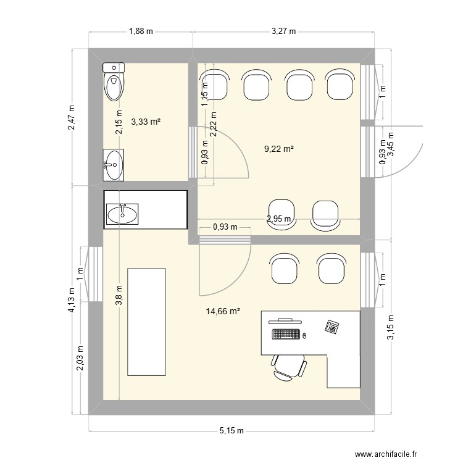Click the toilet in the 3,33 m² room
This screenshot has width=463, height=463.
tap(114, 82)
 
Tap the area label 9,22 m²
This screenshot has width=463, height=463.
tap(278, 148)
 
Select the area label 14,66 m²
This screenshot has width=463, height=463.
tap(223, 312)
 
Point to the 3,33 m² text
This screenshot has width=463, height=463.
tap(146, 123)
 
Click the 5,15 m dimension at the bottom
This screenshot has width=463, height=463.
tap(231, 431)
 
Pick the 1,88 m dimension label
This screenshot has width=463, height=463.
tap(141, 31)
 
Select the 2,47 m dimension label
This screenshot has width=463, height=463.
tap(72, 117)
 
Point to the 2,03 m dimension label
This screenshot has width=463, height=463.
tap(80, 358)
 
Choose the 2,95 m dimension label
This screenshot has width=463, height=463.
tap(278, 219)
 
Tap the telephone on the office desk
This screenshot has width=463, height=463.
tap(333, 327)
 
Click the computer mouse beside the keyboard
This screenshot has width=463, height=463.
tap(304, 336)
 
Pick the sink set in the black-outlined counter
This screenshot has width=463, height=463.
tap(123, 214)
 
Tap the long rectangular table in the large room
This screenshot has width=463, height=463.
tap(146, 322)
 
